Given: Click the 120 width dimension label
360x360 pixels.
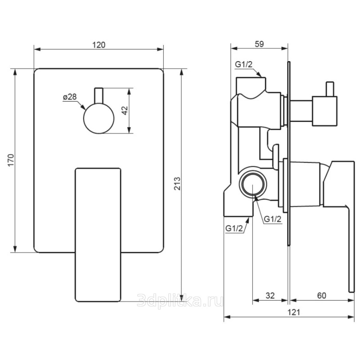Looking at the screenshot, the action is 99,45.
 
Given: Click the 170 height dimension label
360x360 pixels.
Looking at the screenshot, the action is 11,160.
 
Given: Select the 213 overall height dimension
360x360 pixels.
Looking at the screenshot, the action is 177,183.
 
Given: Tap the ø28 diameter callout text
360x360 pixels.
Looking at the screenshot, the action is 70,97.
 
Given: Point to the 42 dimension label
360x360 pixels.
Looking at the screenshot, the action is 125,110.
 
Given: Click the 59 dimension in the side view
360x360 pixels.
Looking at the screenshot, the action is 259,44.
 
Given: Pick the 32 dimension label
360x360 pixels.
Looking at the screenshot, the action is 270,296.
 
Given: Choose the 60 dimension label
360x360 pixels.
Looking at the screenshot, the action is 321,296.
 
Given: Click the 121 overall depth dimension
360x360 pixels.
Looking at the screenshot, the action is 294,312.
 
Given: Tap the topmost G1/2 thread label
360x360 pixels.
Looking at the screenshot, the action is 243,64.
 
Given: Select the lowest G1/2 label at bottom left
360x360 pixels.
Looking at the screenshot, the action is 234,229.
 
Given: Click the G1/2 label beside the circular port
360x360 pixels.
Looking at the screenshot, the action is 273,219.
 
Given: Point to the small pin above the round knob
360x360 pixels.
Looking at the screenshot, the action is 99,96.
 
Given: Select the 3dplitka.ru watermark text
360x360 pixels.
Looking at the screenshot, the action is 180,300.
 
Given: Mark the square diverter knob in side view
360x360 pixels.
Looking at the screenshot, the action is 324,111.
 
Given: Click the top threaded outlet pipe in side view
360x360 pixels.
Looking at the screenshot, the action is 251,85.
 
